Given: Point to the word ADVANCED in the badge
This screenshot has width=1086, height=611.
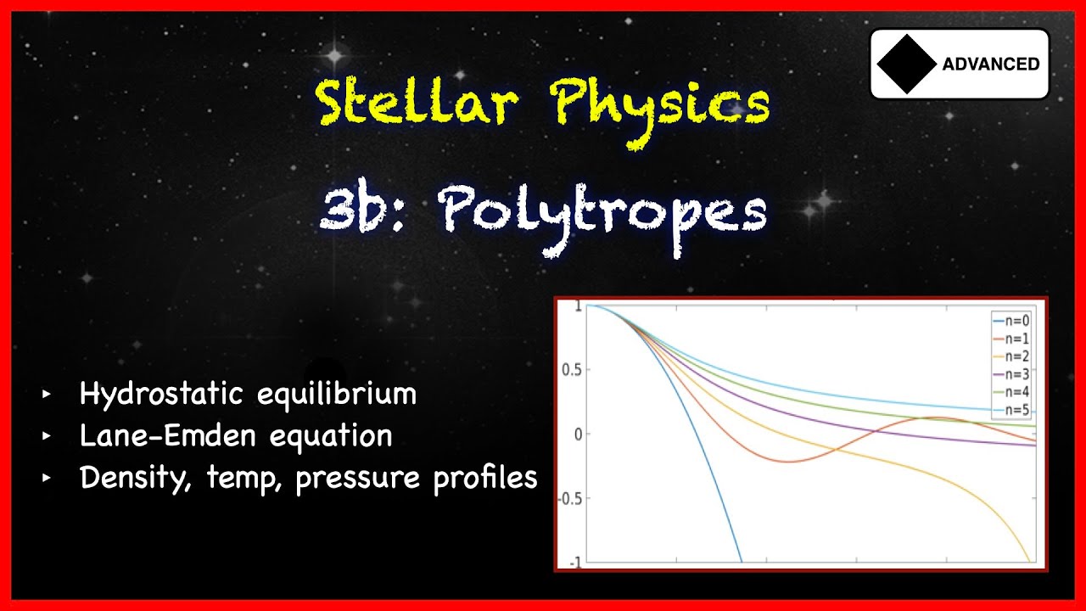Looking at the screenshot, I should pyautogui.click(x=990, y=64).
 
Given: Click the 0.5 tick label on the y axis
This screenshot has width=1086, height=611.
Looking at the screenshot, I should pyautogui.click(x=572, y=370).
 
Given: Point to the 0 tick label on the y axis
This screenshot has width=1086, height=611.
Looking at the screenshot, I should pyautogui.click(x=578, y=434).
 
